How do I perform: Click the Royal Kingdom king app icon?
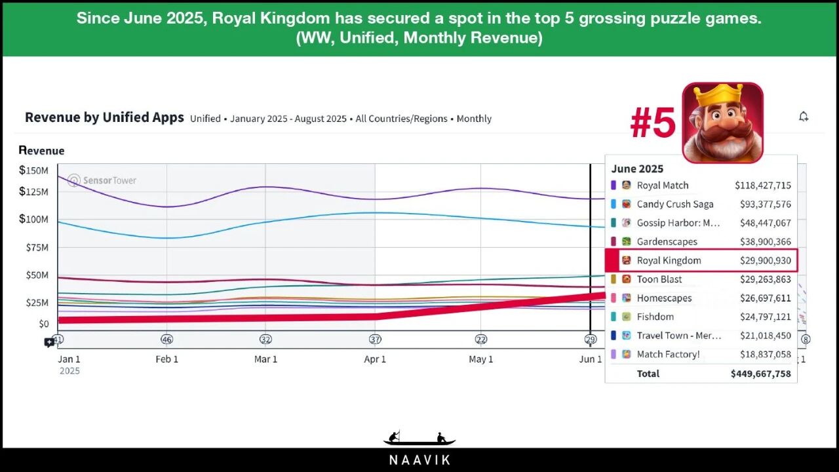(x=722, y=123)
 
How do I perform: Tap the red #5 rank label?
(x=653, y=123)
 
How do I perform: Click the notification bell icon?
(x=804, y=117)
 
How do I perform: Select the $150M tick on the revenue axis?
(x=33, y=170)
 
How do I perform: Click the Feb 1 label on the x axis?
(x=166, y=359)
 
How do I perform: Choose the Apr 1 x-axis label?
(x=374, y=359)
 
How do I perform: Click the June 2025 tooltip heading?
(x=637, y=168)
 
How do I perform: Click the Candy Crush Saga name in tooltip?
(x=674, y=205)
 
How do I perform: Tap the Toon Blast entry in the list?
(x=659, y=279)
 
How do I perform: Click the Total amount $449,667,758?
(x=760, y=374)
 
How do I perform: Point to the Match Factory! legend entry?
(x=668, y=355)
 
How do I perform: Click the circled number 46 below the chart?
(x=166, y=340)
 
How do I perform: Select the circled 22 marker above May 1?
(x=481, y=340)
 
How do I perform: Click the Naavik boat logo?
(x=419, y=439)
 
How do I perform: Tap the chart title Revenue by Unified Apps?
(x=104, y=118)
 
